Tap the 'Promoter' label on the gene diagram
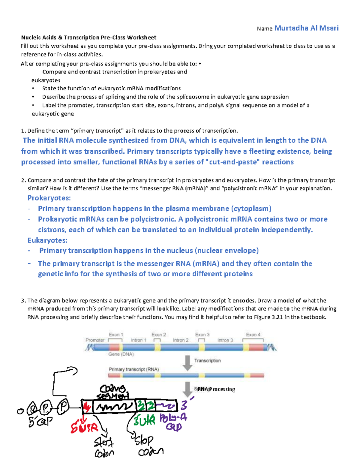click(95, 340)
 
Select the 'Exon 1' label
click(116, 335)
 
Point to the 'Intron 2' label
click(181, 340)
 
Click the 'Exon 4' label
click(253, 335)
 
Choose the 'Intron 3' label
click(225, 340)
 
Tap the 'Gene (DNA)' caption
click(121, 354)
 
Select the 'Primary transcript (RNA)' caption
click(133, 369)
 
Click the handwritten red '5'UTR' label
click(84, 427)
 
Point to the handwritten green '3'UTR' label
click(144, 420)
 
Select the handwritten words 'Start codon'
click(104, 447)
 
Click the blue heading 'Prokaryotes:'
click(49, 198)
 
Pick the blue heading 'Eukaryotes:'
click(47, 240)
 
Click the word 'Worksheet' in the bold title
click(141, 38)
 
